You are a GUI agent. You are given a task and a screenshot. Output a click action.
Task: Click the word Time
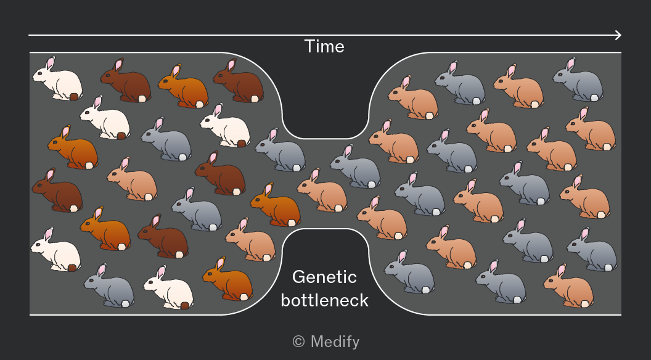tap(324, 46)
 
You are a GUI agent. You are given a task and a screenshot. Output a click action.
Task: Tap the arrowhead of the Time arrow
tap(618, 35)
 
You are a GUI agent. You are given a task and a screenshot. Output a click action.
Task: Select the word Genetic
tap(324, 277)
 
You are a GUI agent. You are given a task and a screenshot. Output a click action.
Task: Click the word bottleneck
tap(324, 300)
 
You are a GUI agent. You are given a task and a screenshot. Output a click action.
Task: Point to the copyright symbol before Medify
tap(298, 342)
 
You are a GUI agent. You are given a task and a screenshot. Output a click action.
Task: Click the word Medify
tap(335, 342)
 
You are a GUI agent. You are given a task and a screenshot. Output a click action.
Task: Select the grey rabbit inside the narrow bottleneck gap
tap(355, 166)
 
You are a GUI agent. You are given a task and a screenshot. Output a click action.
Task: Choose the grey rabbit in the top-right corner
tap(578, 80)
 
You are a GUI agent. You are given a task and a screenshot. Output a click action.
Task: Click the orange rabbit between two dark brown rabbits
tap(183, 86)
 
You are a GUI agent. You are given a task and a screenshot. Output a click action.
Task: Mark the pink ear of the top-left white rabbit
tap(50, 63)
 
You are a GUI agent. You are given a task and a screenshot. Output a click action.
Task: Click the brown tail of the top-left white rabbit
tap(74, 97)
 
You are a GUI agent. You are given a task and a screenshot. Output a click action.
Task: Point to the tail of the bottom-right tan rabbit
tap(585, 304)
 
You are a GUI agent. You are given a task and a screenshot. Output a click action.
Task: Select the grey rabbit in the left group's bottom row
tap(109, 285)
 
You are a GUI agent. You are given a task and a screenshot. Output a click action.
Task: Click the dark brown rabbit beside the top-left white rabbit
tap(126, 80)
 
